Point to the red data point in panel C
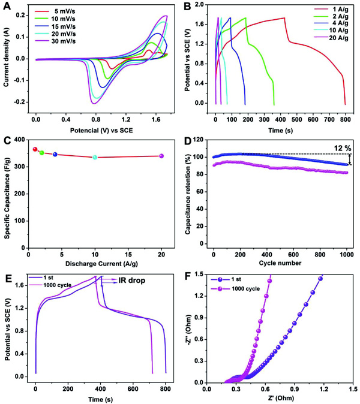(35, 149)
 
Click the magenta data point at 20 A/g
(161, 156)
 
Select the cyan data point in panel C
(95, 157)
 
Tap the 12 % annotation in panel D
(335, 147)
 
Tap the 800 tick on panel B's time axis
(345, 114)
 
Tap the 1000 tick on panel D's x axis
(345, 252)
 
